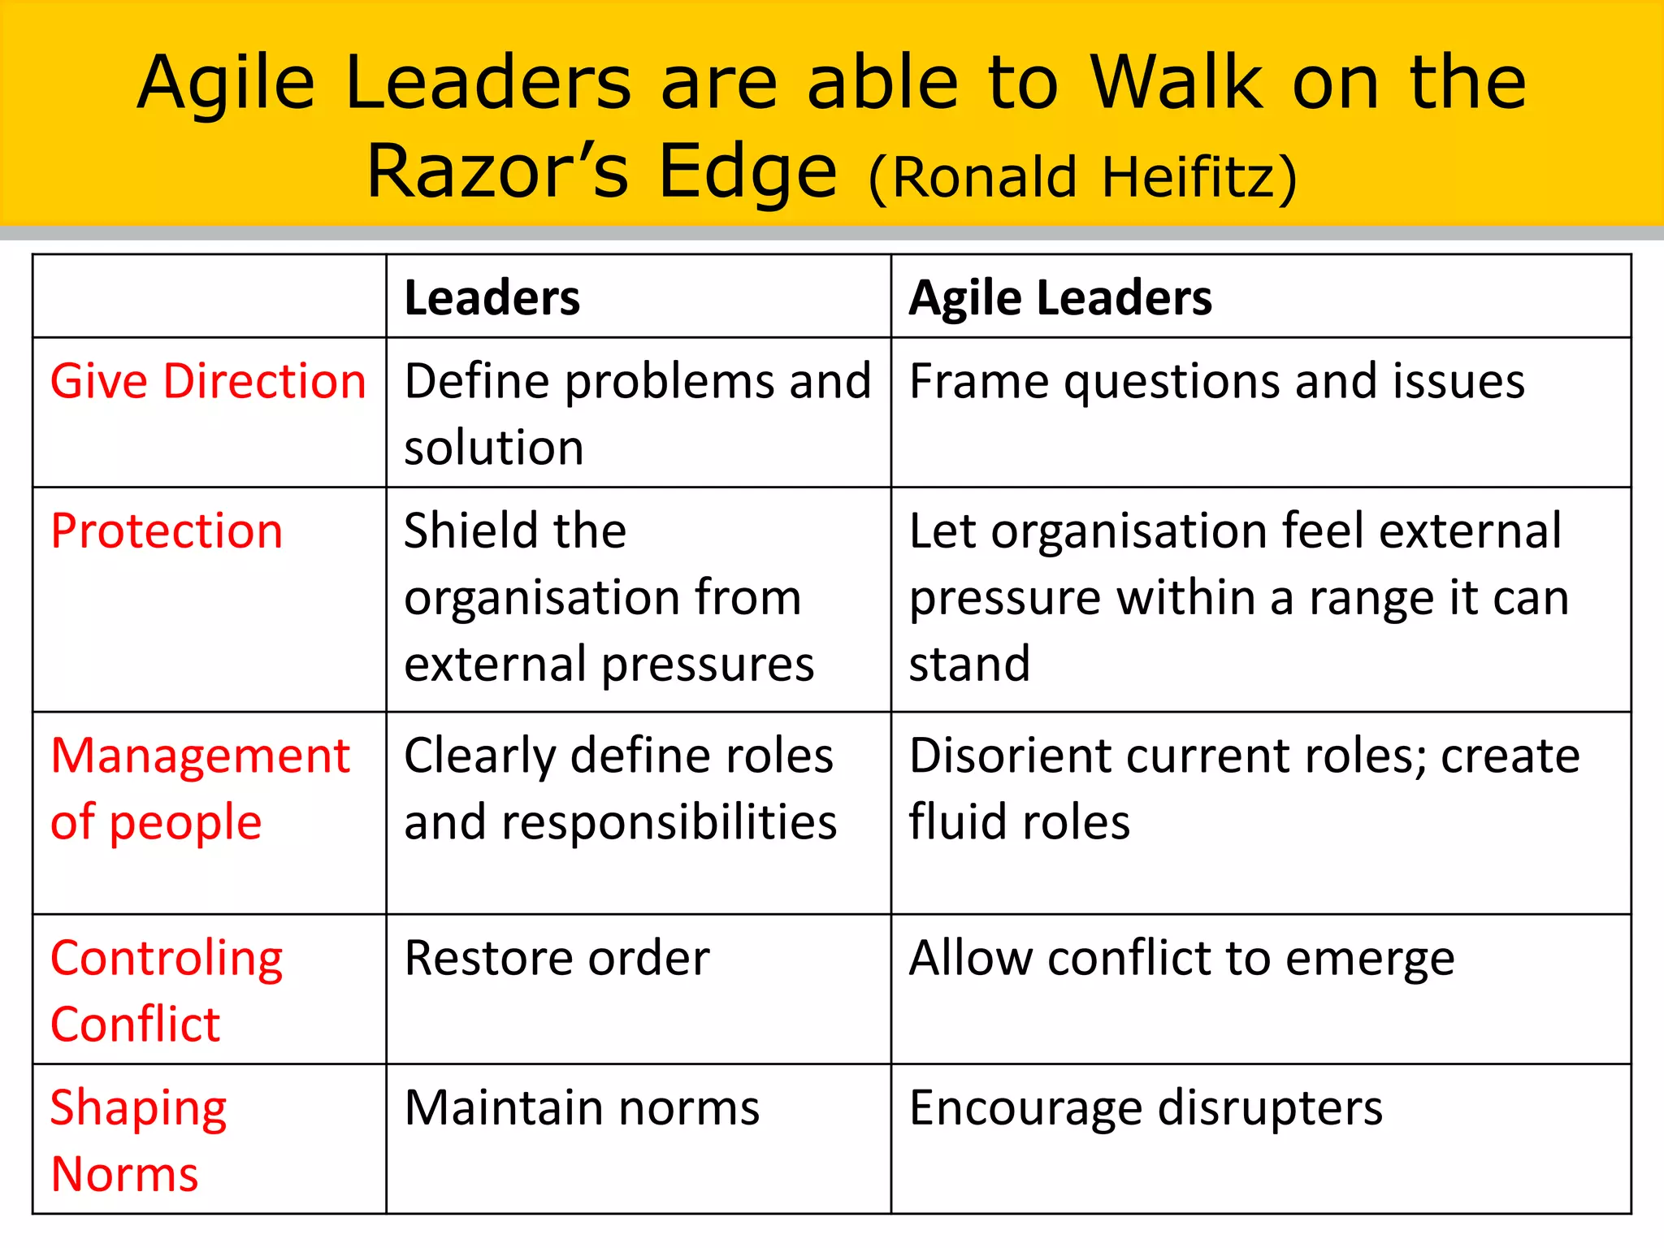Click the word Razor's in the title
[497, 171]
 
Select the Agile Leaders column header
[1060, 297]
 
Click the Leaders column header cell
[492, 297]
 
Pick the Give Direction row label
[208, 381]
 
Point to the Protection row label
[167, 531]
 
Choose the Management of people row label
[200, 788]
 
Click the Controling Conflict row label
[167, 990]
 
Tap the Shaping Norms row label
[138, 1140]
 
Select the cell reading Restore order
[557, 958]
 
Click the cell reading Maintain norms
[582, 1107]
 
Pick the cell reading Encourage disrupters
[1146, 1107]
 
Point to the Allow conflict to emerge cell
[1181, 958]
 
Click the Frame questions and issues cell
[1216, 381]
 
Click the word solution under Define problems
[494, 448]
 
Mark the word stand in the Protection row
[969, 664]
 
